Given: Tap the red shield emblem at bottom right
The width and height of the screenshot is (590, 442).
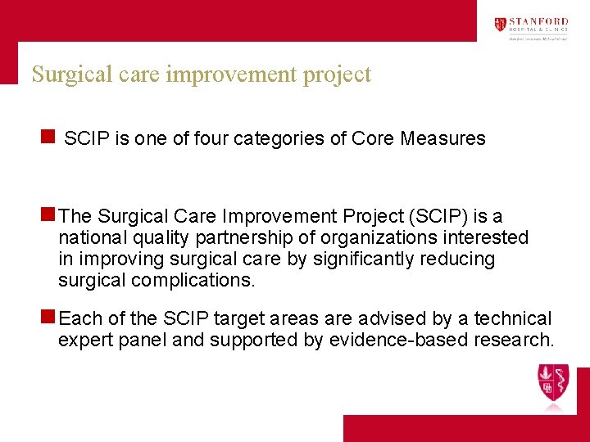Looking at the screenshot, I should pyautogui.click(x=554, y=383).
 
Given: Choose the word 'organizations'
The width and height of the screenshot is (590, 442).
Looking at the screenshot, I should pyautogui.click(x=385, y=238).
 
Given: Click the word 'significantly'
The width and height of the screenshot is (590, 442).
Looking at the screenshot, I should pyautogui.click(x=374, y=259).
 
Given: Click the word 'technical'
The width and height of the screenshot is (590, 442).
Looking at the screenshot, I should pyautogui.click(x=513, y=318).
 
